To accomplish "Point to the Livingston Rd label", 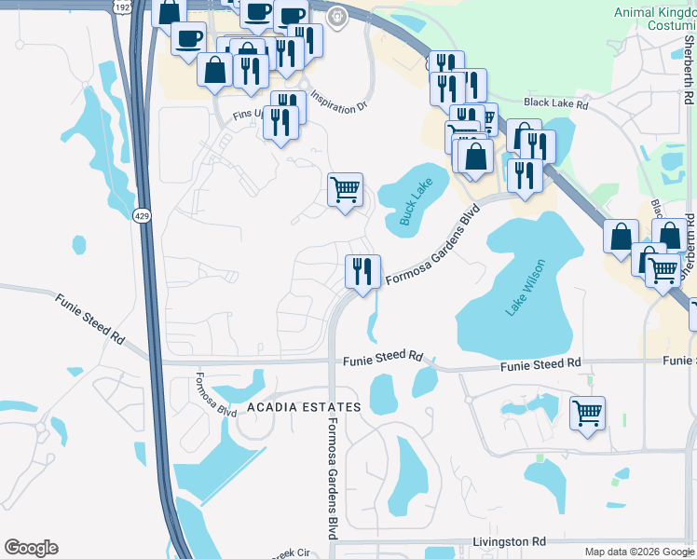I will [509, 541].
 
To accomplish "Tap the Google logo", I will [31, 548].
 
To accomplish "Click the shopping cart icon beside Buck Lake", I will [345, 189].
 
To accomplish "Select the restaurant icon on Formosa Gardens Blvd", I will [362, 270].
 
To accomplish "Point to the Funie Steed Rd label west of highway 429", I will [89, 318].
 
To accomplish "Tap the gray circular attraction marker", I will [337, 16].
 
